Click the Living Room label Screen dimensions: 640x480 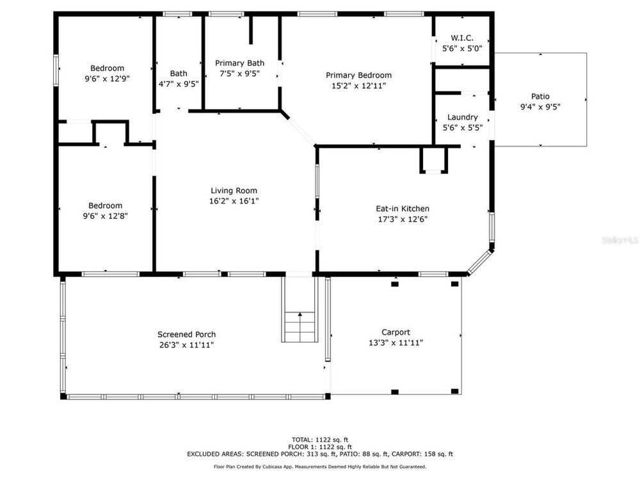[234, 191]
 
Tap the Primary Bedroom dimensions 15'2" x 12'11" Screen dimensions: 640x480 [359, 86]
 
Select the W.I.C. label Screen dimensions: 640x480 [462, 38]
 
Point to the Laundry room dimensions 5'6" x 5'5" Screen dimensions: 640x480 [463, 128]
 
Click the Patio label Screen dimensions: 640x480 [540, 97]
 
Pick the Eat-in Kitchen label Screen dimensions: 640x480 [403, 209]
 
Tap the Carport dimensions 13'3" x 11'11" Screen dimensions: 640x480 [396, 343]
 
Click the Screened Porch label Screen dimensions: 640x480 [186, 334]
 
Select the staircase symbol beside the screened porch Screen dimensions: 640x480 [300, 326]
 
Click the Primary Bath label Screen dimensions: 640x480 [239, 63]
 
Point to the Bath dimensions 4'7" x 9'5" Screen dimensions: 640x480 [179, 84]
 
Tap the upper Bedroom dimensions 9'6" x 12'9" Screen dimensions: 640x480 [107, 79]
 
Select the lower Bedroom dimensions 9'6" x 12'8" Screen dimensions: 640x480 [106, 216]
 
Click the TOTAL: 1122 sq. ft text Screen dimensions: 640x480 [319, 440]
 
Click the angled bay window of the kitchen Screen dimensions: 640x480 [480, 263]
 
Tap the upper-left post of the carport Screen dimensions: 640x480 [395, 284]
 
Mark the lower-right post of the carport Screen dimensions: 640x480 [454, 392]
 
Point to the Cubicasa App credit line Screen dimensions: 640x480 [319, 467]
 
